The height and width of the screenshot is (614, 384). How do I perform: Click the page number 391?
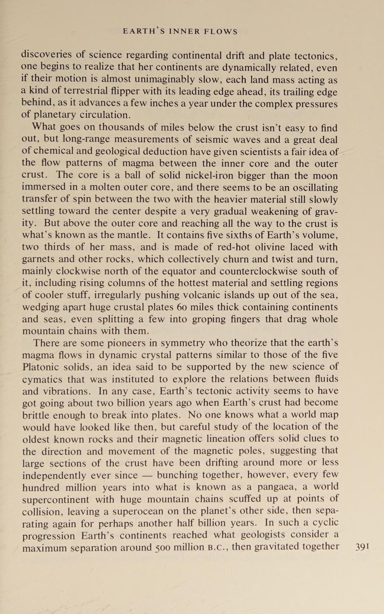(x=362, y=547)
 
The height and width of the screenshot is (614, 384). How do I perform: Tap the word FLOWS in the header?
(x=221, y=32)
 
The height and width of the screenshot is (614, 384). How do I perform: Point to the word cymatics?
(x=42, y=379)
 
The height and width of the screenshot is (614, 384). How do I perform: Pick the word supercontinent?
(x=55, y=500)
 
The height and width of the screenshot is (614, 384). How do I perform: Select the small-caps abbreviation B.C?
(x=218, y=547)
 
